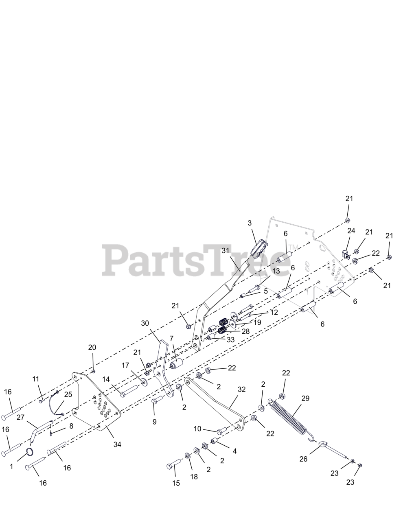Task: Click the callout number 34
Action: pyautogui.click(x=117, y=444)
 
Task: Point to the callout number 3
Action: pyautogui.click(x=250, y=223)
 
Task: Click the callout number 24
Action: pyautogui.click(x=351, y=231)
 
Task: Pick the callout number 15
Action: pyautogui.click(x=176, y=483)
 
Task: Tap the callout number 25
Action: pyautogui.click(x=68, y=394)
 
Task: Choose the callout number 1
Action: pyautogui.click(x=11, y=466)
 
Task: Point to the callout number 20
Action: pyautogui.click(x=92, y=347)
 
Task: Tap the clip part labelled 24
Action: pyautogui.click(x=344, y=254)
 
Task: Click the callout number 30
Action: pyautogui.click(x=145, y=323)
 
